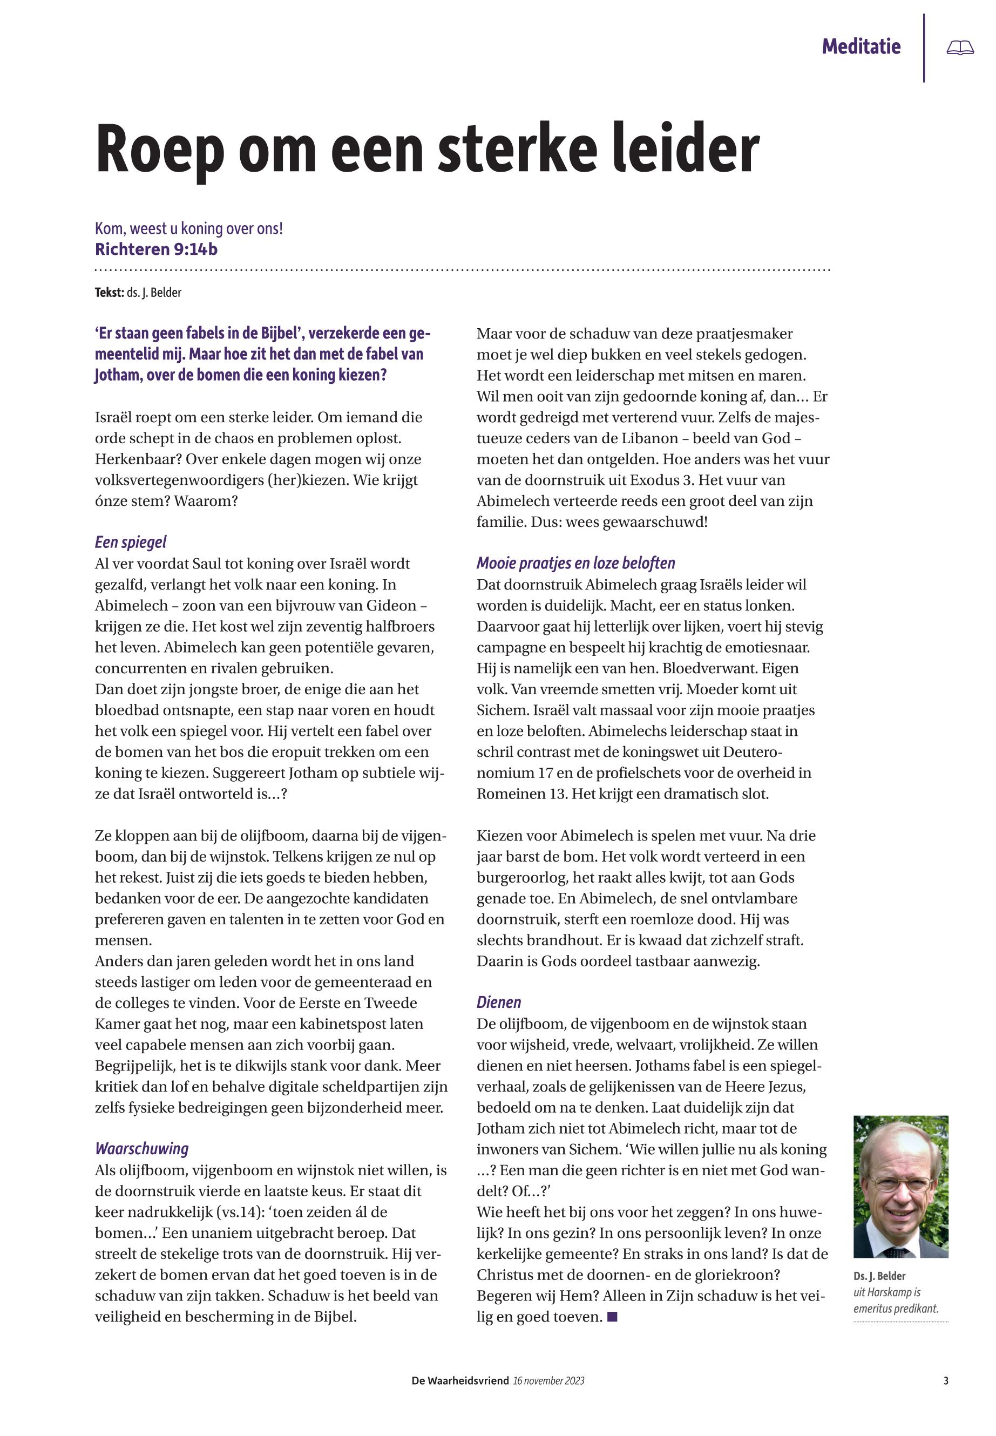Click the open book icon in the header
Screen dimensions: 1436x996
tap(960, 48)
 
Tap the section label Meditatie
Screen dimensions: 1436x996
tap(861, 47)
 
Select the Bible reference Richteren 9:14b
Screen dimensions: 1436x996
tap(156, 249)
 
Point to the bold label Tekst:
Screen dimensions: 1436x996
tap(109, 293)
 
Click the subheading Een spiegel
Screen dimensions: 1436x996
tap(131, 543)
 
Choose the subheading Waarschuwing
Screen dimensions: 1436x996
tap(141, 1149)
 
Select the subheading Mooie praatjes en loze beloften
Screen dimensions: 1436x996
tap(575, 564)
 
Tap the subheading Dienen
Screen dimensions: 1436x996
tap(499, 1003)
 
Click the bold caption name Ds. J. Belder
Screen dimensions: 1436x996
tap(879, 1276)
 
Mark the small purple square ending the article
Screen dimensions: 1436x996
tap(612, 1317)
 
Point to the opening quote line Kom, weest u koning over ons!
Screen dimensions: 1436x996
tap(188, 228)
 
